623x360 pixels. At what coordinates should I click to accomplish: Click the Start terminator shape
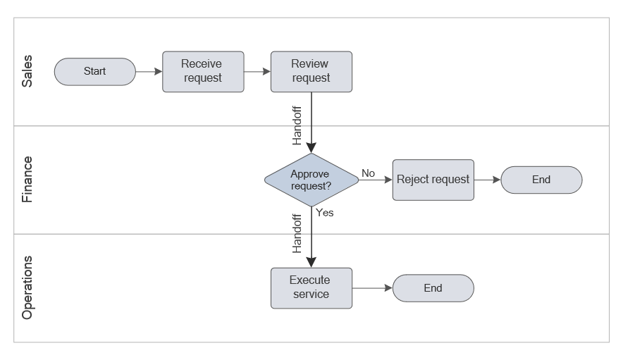coord(94,71)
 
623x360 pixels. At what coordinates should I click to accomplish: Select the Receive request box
coord(203,71)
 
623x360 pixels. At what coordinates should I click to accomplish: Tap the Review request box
coord(311,71)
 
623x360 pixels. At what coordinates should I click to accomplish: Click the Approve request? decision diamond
coord(311,180)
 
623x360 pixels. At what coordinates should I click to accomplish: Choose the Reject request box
coord(433,180)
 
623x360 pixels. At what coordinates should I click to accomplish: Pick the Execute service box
coord(311,287)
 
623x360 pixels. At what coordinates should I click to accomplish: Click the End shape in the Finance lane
coord(541,180)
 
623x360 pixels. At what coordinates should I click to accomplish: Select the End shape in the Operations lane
coord(433,287)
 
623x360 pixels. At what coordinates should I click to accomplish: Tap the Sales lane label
coord(27,71)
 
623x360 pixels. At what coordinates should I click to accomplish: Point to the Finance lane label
coord(27,180)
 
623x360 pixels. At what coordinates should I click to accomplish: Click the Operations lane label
coord(27,287)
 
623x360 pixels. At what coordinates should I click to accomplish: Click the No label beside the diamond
coord(368,173)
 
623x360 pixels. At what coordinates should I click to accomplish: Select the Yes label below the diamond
coord(324,213)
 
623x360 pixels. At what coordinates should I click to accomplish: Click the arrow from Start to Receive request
coord(149,71)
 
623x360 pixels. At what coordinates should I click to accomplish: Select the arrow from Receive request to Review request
coord(257,71)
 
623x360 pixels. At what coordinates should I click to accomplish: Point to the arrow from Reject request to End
coord(487,180)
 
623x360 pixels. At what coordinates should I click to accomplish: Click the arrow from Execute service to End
coord(371,287)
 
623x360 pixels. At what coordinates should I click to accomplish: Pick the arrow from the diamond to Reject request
coord(375,180)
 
